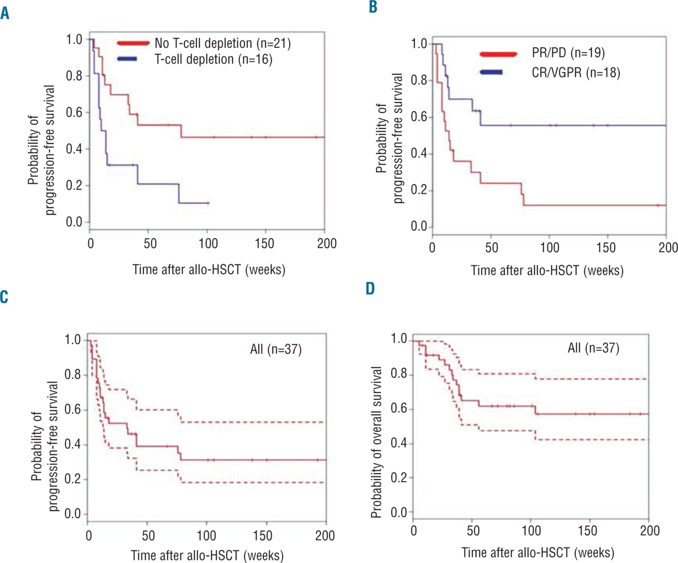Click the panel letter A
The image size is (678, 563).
click(5, 14)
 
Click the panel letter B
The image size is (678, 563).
click(373, 7)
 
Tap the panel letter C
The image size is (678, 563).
click(4, 297)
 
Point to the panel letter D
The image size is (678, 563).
click(370, 289)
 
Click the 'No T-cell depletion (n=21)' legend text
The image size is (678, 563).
click(223, 43)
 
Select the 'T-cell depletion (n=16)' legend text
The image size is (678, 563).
click(214, 59)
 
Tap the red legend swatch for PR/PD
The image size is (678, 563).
click(498, 54)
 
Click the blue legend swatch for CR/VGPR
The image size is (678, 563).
click(491, 72)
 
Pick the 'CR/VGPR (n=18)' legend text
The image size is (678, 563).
click(576, 72)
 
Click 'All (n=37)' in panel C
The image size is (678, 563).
click(276, 349)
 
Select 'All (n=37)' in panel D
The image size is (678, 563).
click(593, 348)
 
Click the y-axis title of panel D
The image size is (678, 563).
click(377, 442)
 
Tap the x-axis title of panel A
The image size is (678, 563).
click(209, 270)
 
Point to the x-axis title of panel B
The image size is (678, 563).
click(547, 271)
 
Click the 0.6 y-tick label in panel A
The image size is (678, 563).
click(74, 112)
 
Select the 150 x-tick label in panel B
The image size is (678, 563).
click(606, 248)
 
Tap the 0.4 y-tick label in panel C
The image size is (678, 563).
click(72, 444)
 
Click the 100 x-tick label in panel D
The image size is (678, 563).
click(531, 531)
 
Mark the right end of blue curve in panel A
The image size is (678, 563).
click(208, 203)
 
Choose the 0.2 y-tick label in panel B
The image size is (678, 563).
click(419, 190)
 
